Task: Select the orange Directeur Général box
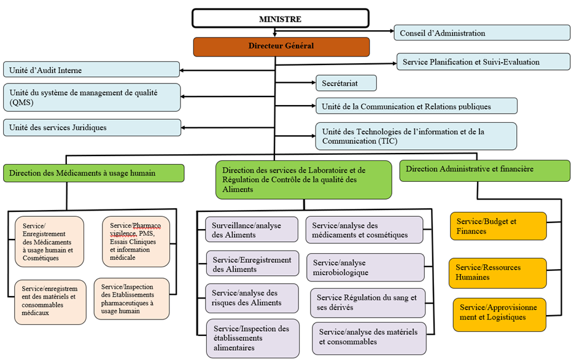281,46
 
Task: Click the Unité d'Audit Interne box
92,70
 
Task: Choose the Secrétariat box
346,83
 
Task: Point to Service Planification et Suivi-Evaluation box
484,61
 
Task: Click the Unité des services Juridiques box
92,127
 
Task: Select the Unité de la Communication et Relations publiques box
416,106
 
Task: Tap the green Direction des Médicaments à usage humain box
93,173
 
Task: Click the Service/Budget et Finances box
498,226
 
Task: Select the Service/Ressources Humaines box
498,273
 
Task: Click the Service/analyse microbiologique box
365,267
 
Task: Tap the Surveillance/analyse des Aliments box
252,230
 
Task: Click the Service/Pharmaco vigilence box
136,240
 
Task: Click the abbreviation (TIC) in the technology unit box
387,141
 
